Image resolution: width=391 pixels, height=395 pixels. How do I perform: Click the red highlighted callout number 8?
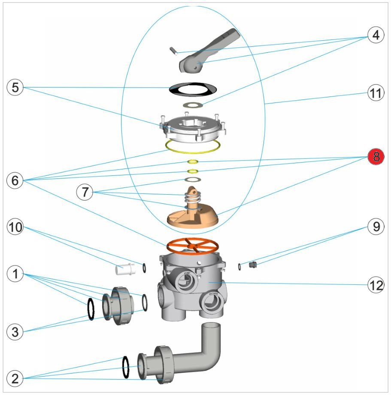(x=376, y=157)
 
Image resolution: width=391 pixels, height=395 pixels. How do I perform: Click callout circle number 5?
(x=15, y=88)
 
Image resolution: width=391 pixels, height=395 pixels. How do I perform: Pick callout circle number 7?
(x=85, y=193)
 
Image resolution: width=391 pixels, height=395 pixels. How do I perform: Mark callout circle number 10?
(x=15, y=227)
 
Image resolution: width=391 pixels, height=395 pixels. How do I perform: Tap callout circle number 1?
(x=15, y=274)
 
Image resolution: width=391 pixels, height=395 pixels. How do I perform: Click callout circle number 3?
(x=15, y=331)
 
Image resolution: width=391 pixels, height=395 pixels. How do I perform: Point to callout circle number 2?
(x=15, y=379)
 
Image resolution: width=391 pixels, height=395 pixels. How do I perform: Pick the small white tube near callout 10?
(x=126, y=269)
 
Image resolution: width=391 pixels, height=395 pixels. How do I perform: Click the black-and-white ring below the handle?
(x=192, y=89)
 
